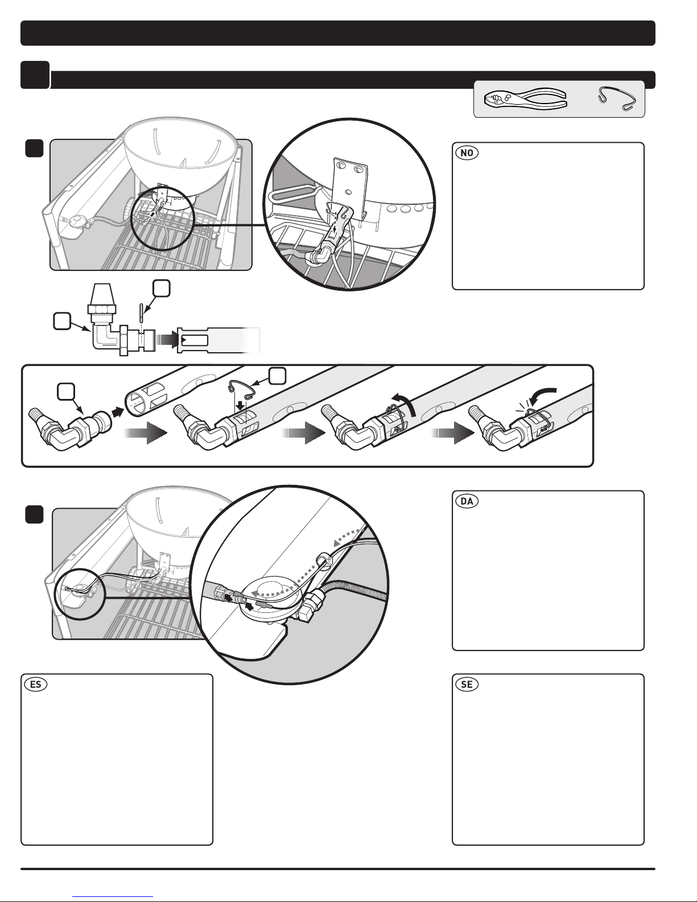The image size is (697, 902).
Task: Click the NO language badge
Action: pos(467,153)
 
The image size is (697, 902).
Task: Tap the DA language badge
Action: pos(467,501)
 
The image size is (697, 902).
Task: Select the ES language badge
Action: pos(36,684)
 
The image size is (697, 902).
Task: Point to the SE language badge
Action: pos(467,684)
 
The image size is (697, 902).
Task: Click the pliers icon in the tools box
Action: pos(525,100)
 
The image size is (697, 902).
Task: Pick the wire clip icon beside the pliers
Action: pos(617,98)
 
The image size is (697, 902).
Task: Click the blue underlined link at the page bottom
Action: pos(113,897)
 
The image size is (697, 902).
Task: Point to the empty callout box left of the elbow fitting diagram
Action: pos(62,322)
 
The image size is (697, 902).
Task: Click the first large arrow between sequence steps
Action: pos(146,433)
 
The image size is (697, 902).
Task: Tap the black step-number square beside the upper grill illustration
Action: pos(35,148)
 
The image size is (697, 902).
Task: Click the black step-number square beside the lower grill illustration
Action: pos(35,514)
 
